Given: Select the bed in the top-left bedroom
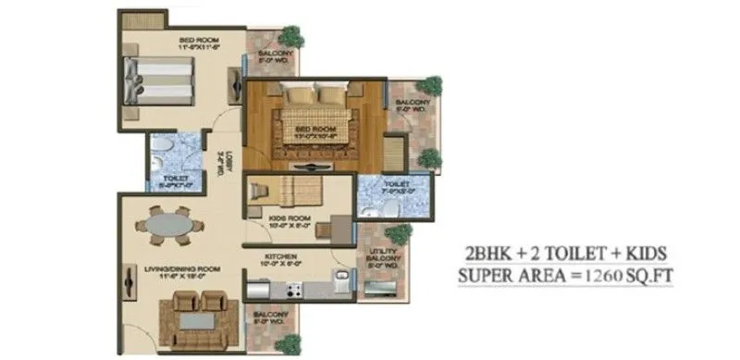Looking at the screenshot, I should point(158,82).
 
